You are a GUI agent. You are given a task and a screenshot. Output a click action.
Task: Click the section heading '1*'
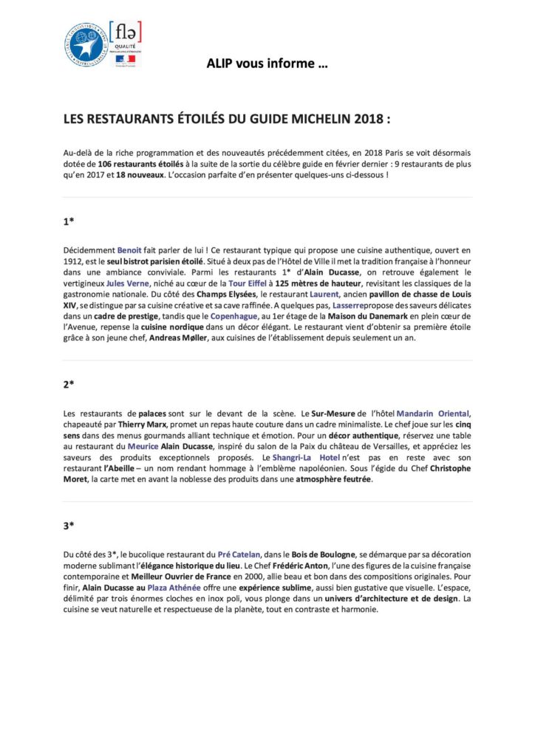67,219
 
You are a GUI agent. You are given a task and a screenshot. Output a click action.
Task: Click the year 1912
74,261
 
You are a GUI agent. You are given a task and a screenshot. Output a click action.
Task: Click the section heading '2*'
67,384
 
